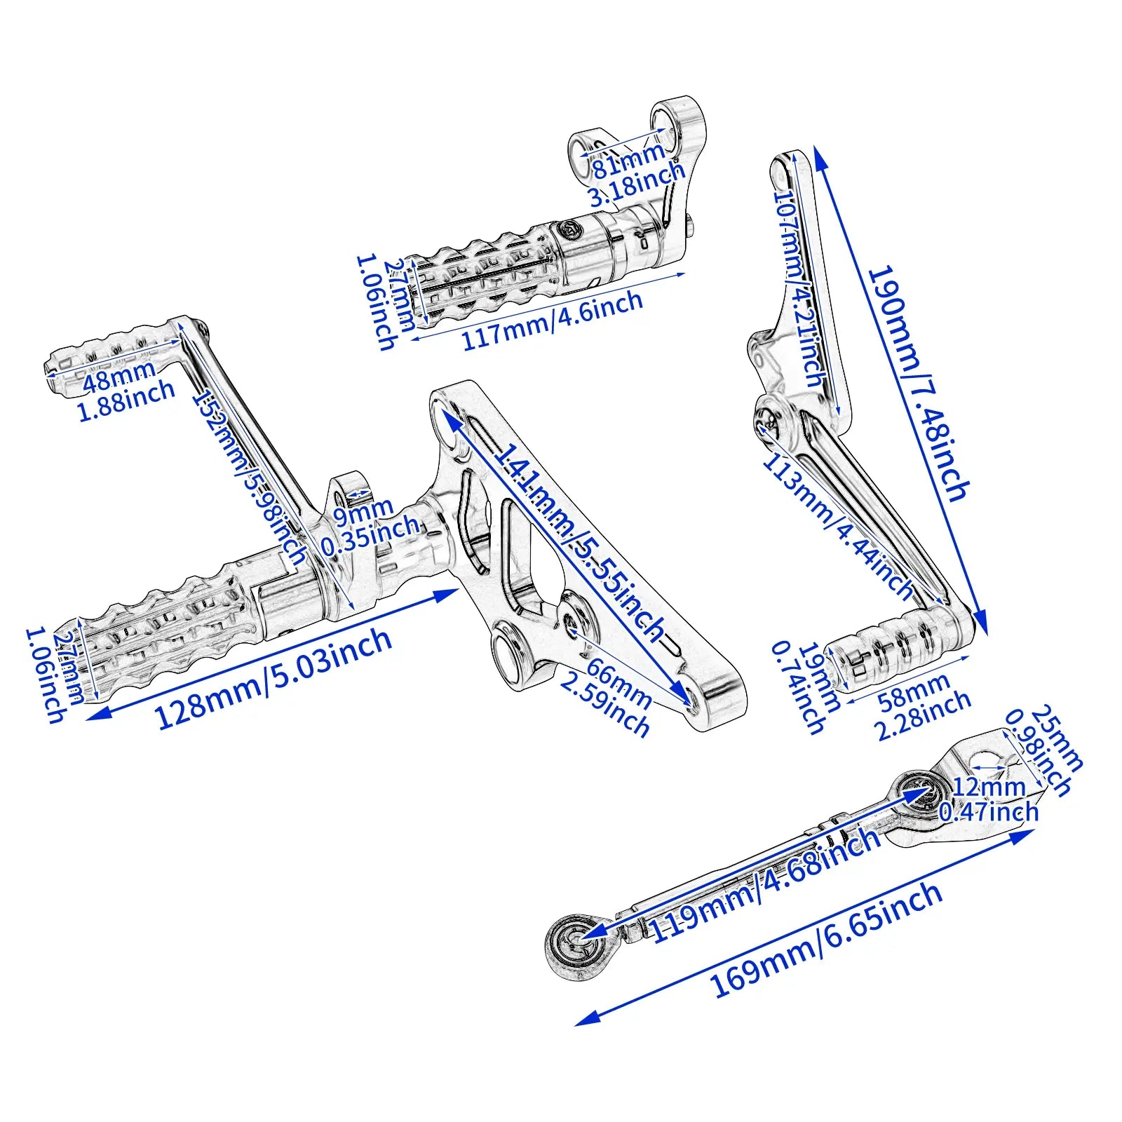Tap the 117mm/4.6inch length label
pyautogui.click(x=551, y=320)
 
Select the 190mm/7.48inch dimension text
pyautogui.click(x=919, y=383)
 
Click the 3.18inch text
pyautogui.click(x=635, y=184)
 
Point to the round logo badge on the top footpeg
pyautogui.click(x=569, y=229)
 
